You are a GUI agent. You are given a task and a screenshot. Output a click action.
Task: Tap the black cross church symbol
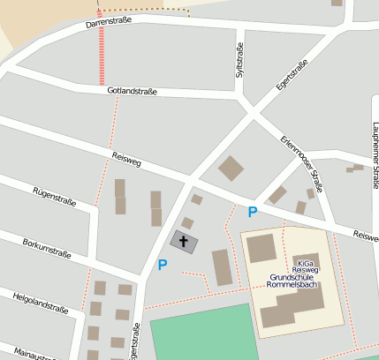pyautogui.click(x=184, y=241)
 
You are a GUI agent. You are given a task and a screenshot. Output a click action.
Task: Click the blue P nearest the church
pyautogui.click(x=163, y=264)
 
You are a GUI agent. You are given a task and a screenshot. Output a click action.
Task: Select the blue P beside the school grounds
pyautogui.click(x=253, y=212)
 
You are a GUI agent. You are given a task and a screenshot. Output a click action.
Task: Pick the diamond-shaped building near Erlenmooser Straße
pyautogui.click(x=231, y=168)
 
